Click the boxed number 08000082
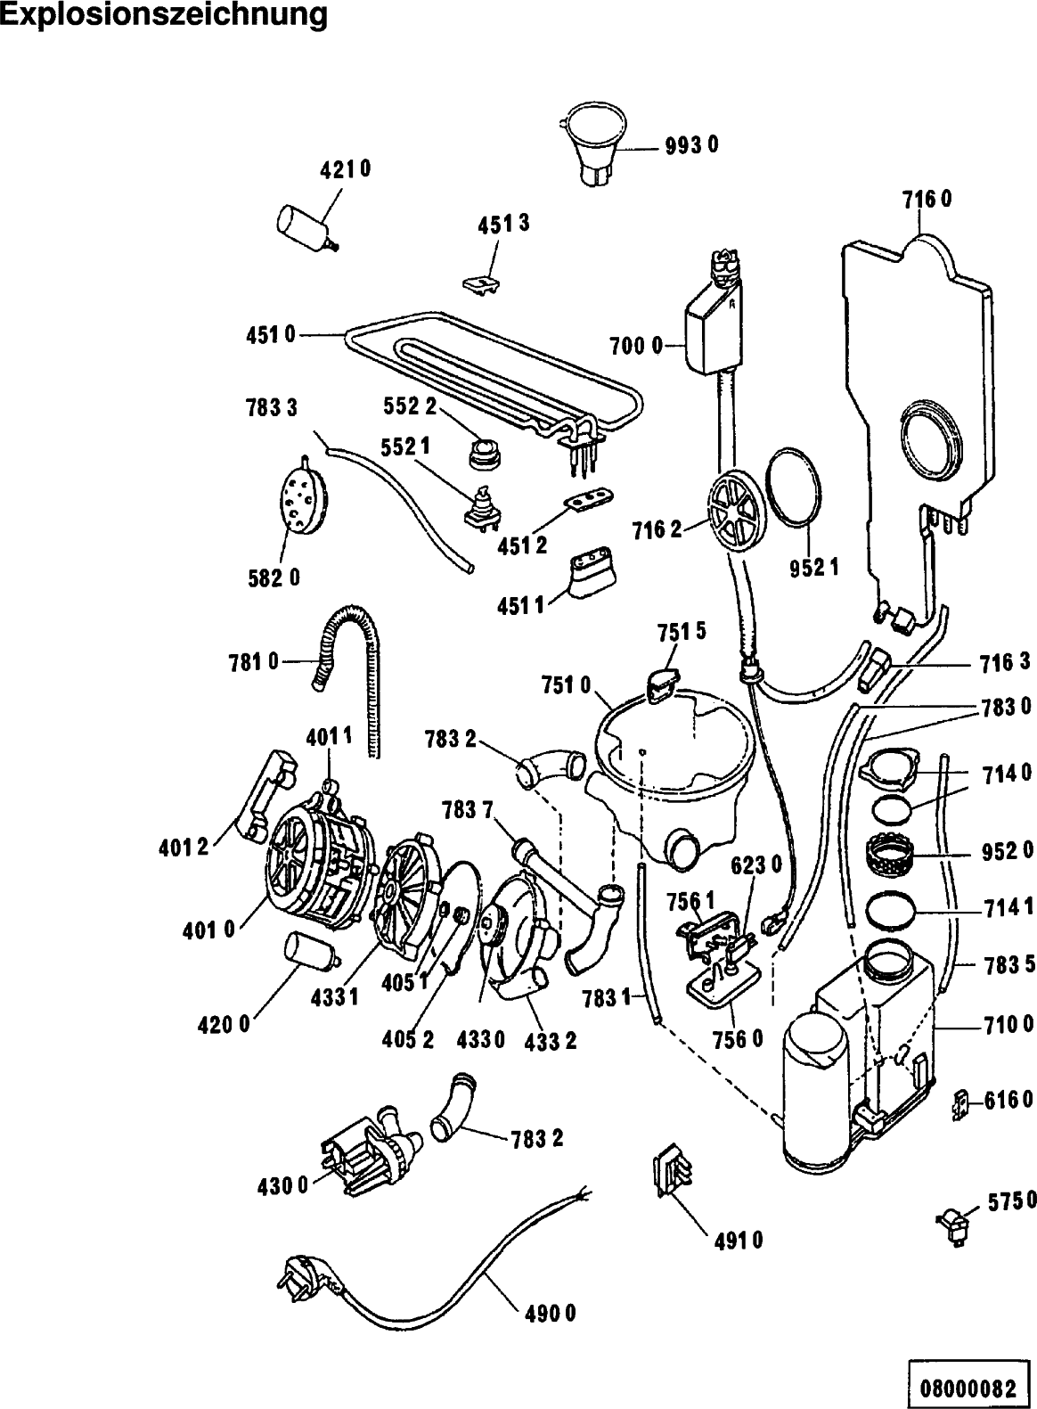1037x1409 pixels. click(x=967, y=1388)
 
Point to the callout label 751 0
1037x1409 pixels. click(x=566, y=685)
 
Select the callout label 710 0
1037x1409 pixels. click(x=1008, y=1026)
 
